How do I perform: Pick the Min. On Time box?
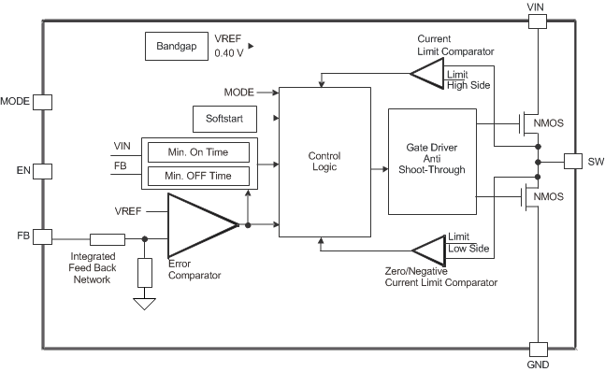pos(199,152)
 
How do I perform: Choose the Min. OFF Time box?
pos(199,176)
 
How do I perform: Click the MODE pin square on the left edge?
pos(41,101)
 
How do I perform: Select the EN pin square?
pos(41,172)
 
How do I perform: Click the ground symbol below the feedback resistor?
pos(144,303)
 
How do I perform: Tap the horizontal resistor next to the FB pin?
pos(108,238)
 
